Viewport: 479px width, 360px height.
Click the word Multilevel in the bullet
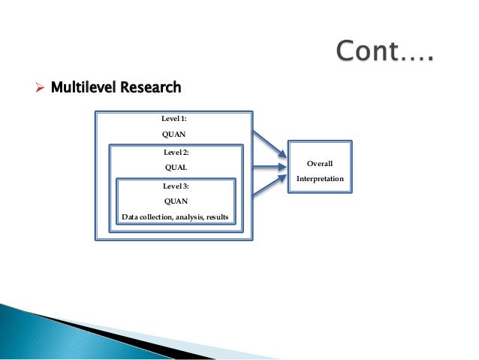[79, 87]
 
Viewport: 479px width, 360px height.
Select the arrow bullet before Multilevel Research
[42, 88]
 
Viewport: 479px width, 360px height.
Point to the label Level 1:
[175, 119]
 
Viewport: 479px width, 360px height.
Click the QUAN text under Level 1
[175, 135]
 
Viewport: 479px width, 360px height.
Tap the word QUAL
[175, 168]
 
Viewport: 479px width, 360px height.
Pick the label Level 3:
[175, 185]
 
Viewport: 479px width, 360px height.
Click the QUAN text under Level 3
[175, 201]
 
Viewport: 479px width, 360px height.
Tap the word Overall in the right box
[320, 163]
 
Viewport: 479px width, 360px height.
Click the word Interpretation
[320, 179]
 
